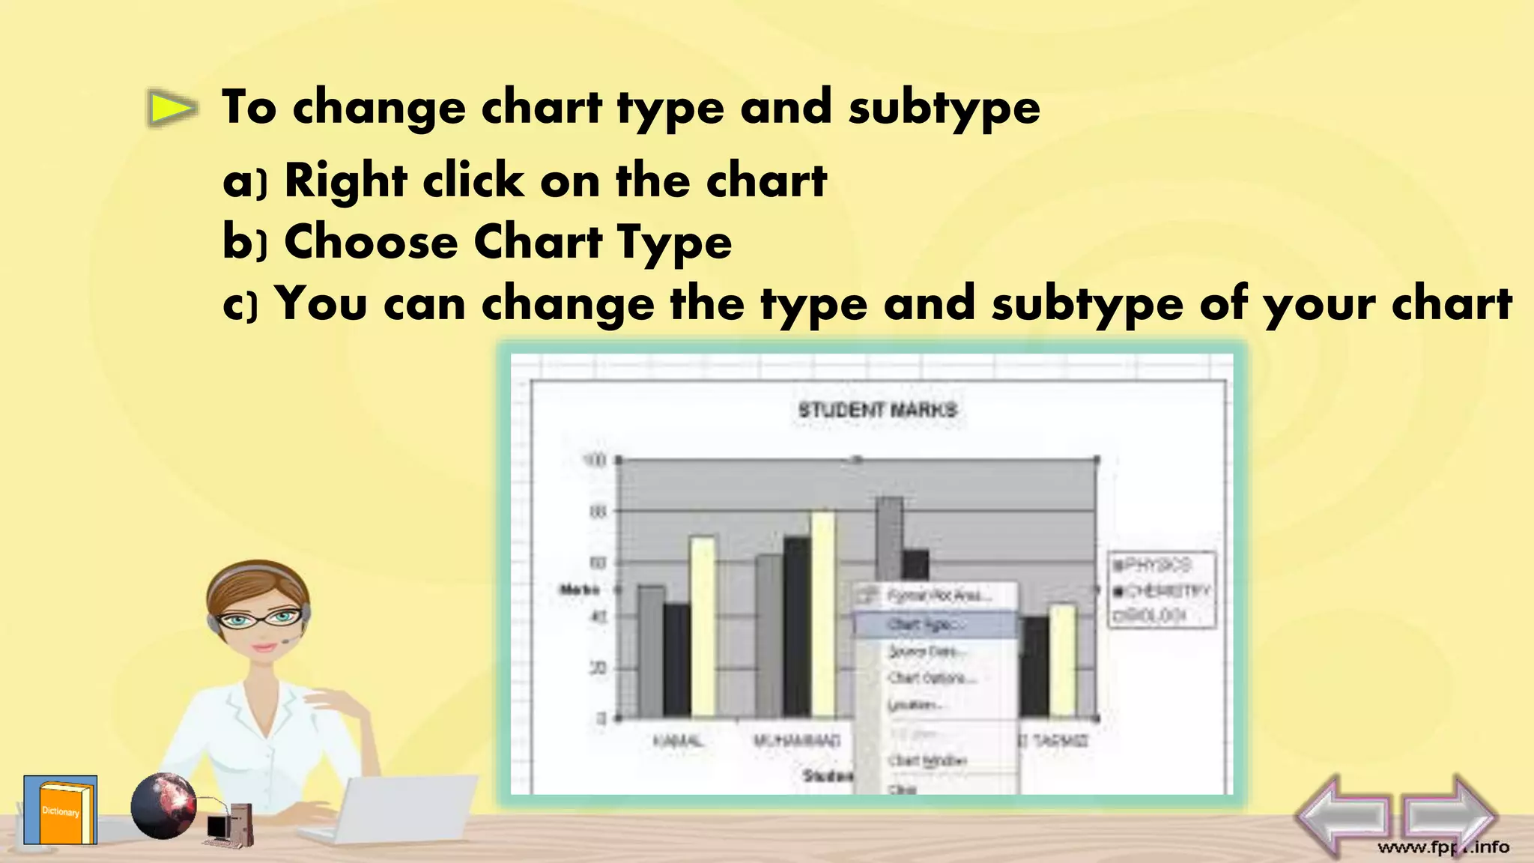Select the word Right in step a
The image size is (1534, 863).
click(x=346, y=181)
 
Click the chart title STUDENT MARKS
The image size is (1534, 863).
click(x=877, y=410)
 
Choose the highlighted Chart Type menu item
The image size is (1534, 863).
click(x=926, y=624)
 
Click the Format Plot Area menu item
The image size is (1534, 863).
click(x=939, y=596)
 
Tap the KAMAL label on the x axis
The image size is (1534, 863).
click(x=678, y=741)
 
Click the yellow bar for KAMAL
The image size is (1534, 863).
click(x=702, y=626)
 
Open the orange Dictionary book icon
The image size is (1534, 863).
click(x=61, y=811)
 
